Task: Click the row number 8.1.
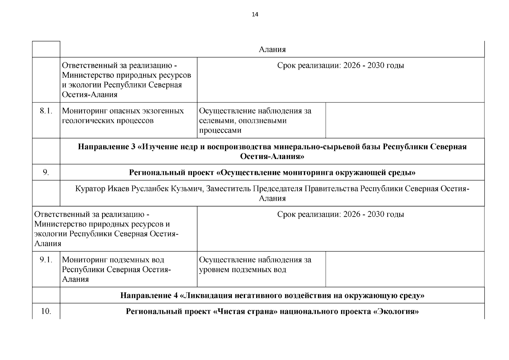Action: [46, 111]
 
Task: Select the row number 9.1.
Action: [46, 260]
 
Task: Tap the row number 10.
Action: [46, 311]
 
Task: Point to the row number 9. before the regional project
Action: [46, 172]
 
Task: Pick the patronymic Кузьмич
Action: [189, 189]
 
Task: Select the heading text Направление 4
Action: [149, 295]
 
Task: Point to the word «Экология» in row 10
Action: [396, 311]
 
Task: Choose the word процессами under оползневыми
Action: [220, 130]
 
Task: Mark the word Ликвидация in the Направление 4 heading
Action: [206, 295]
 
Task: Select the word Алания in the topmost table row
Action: [272, 49]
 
